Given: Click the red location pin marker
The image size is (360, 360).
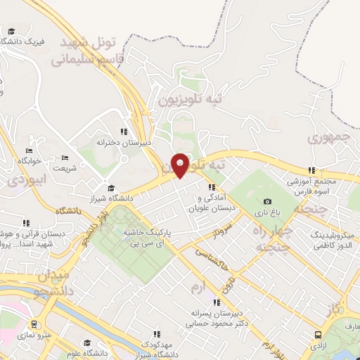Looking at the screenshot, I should point(180,165).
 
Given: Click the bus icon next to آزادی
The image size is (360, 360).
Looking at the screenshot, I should point(319,336).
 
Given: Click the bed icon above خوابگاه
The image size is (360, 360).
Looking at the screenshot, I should point(29,150).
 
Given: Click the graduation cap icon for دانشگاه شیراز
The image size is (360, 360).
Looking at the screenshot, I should point(111,188).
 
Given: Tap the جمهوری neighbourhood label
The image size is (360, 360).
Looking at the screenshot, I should point(330,139).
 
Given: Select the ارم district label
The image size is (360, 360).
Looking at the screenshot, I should point(199,288).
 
